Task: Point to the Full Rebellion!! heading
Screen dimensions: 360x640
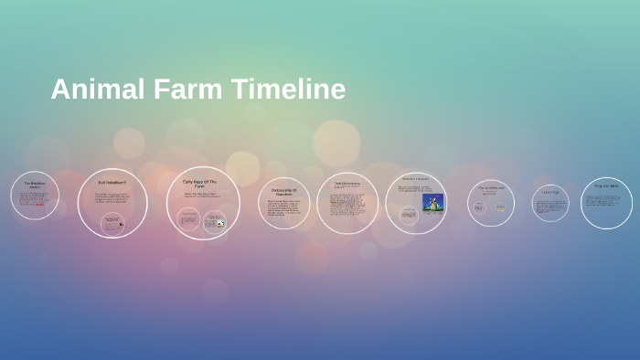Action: pyautogui.click(x=112, y=183)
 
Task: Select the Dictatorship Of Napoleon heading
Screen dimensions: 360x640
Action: pyautogui.click(x=283, y=192)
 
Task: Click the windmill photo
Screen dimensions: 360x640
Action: pyautogui.click(x=432, y=202)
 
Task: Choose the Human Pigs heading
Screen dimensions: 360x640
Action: pyautogui.click(x=550, y=192)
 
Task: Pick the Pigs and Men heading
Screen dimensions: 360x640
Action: pyautogui.click(x=606, y=185)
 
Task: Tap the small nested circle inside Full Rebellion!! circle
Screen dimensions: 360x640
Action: pyautogui.click(x=112, y=224)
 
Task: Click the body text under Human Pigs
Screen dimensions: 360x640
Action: pyautogui.click(x=550, y=206)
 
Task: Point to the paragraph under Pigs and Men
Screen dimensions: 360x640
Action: pyautogui.click(x=606, y=201)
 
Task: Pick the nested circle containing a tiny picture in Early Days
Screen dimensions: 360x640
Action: pyautogui.click(x=215, y=221)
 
